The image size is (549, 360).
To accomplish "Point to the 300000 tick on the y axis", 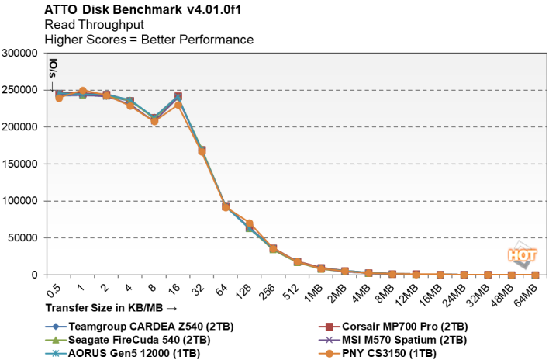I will (21, 54).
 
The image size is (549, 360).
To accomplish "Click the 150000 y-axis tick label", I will (21, 164).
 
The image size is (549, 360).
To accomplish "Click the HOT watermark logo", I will (522, 254).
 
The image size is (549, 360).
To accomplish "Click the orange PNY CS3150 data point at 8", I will (154, 121).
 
